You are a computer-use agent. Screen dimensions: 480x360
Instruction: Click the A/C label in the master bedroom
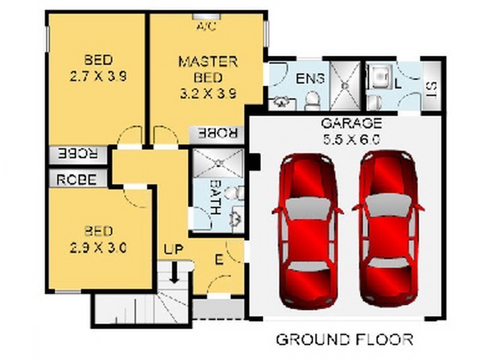pos(206,26)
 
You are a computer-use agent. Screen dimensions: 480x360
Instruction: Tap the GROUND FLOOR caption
pos(344,340)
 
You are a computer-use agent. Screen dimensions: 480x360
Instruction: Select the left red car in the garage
pos(308,231)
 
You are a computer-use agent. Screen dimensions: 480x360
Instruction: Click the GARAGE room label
pos(352,123)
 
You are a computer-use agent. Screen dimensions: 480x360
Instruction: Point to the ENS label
pos(310,79)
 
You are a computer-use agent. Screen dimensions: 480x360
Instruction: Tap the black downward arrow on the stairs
pos(175,272)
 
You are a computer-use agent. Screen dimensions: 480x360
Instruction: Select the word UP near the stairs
pos(173,250)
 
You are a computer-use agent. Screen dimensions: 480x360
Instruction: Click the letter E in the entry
pos(218,260)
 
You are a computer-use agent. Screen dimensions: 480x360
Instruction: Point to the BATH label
pos(216,197)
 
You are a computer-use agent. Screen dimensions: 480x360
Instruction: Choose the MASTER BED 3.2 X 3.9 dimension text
pos(208,77)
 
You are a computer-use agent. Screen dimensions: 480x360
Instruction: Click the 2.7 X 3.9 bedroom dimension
pos(98,76)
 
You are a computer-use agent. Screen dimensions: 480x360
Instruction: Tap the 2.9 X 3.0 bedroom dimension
pos(98,248)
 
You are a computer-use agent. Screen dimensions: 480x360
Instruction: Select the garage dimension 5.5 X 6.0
pos(352,139)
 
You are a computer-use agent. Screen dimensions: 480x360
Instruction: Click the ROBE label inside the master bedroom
pos(218,133)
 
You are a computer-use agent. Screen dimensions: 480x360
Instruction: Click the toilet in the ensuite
pos(312,101)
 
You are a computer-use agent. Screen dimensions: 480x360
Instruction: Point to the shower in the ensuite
pos(346,86)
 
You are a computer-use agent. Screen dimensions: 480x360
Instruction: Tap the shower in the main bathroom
pos(218,163)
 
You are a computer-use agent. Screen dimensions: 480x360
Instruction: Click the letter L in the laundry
pos(398,84)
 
